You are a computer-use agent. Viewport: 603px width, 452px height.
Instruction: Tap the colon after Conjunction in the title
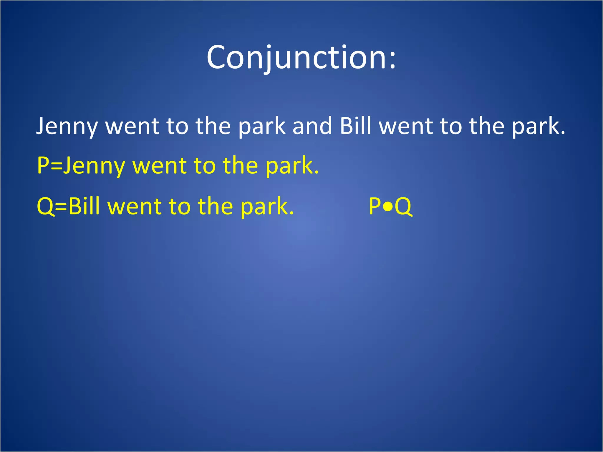[392, 60]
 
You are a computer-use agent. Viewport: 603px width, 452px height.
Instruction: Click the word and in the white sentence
[312, 126]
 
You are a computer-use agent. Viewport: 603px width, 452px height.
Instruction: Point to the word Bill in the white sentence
[355, 126]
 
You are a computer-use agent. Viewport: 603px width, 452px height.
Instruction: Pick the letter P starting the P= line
[43, 166]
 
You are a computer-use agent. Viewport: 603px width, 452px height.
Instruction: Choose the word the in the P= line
[240, 166]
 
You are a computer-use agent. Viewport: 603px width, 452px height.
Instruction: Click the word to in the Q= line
[180, 207]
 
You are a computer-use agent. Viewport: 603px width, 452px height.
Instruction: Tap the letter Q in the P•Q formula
[403, 207]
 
